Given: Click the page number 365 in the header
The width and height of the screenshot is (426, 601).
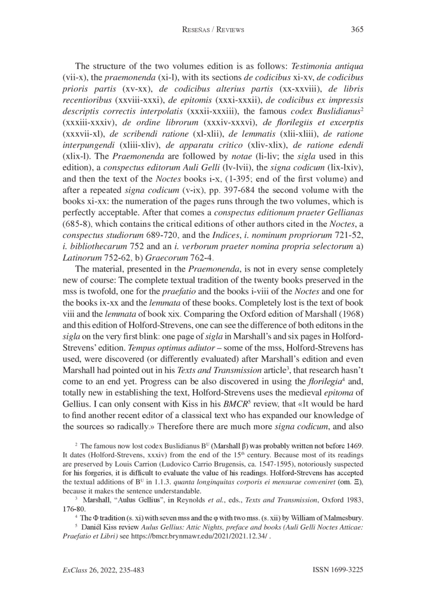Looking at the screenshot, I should [357, 30].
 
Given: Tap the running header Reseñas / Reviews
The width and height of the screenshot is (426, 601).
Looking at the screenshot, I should [212, 30].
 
